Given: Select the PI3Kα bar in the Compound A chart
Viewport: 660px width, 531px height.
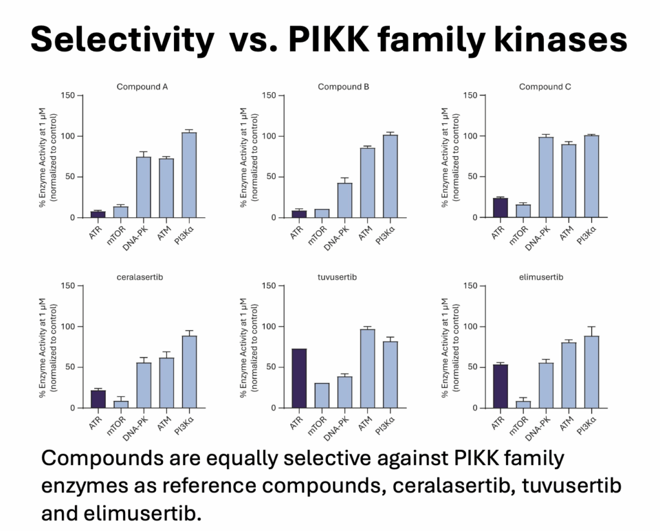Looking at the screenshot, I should [x=189, y=175].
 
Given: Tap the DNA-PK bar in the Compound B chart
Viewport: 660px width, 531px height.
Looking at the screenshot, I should [x=345, y=200].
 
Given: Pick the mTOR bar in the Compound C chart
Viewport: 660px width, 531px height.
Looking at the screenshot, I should [x=523, y=211].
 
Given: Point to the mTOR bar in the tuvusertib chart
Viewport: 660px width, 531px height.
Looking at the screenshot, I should [x=322, y=395].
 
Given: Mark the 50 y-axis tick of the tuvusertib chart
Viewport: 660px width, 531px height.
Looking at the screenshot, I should [x=271, y=367].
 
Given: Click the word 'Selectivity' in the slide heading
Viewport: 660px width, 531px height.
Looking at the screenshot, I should [x=122, y=40].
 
